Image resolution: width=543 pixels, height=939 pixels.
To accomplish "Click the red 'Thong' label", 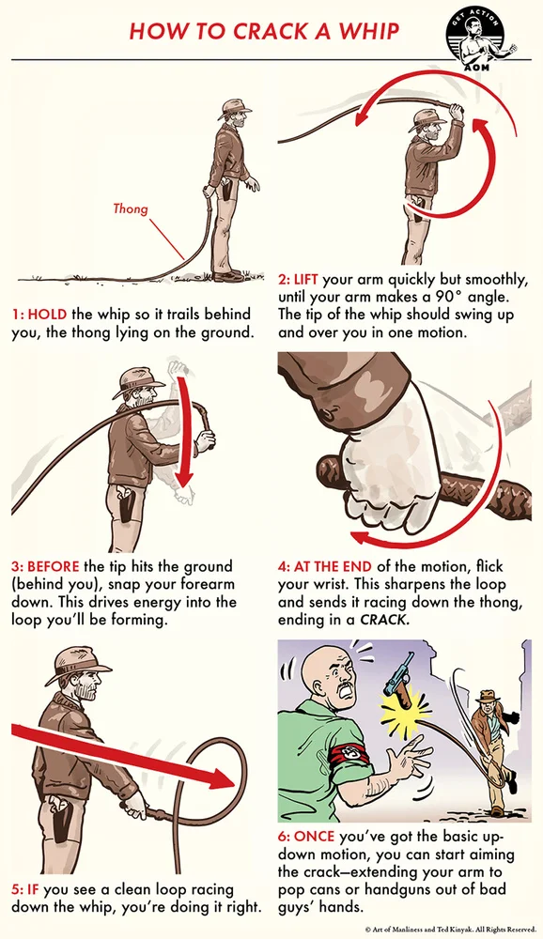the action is click(x=130, y=208).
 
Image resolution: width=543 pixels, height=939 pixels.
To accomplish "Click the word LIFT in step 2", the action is click(x=305, y=280).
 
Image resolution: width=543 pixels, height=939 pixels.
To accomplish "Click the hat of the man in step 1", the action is click(x=234, y=108).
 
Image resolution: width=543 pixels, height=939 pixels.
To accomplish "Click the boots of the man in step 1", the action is click(x=228, y=275).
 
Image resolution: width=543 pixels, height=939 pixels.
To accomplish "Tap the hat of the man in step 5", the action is click(x=78, y=662).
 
